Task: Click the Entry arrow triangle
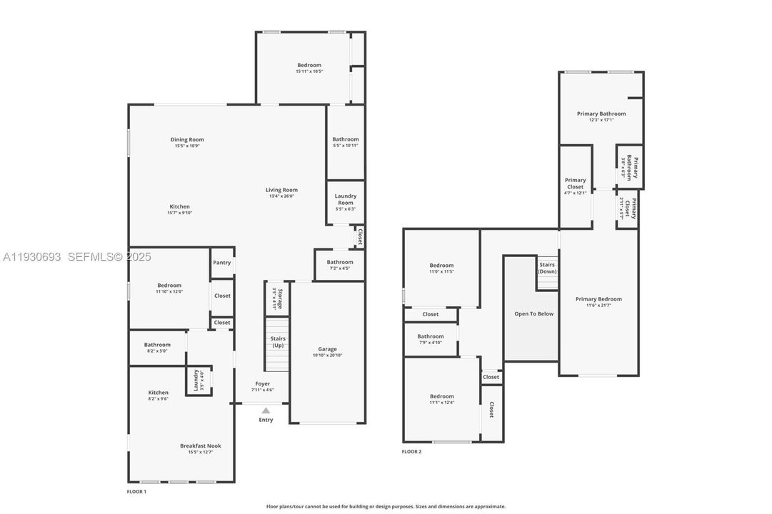pos(266,410)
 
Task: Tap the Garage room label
pos(328,349)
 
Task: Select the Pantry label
pos(222,263)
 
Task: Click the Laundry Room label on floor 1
pos(346,199)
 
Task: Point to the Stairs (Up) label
pos(278,342)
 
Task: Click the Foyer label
pos(263,383)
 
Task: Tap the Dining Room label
pos(187,140)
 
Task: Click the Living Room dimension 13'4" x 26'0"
pos(281,196)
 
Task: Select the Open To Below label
pos(534,314)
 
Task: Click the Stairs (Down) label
pos(548,268)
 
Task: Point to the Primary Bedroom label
pos(598,299)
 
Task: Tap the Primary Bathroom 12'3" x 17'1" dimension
pos(601,120)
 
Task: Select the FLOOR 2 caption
pos(411,451)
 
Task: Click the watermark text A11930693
pos(32,256)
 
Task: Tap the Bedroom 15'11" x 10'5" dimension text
pos(309,71)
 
